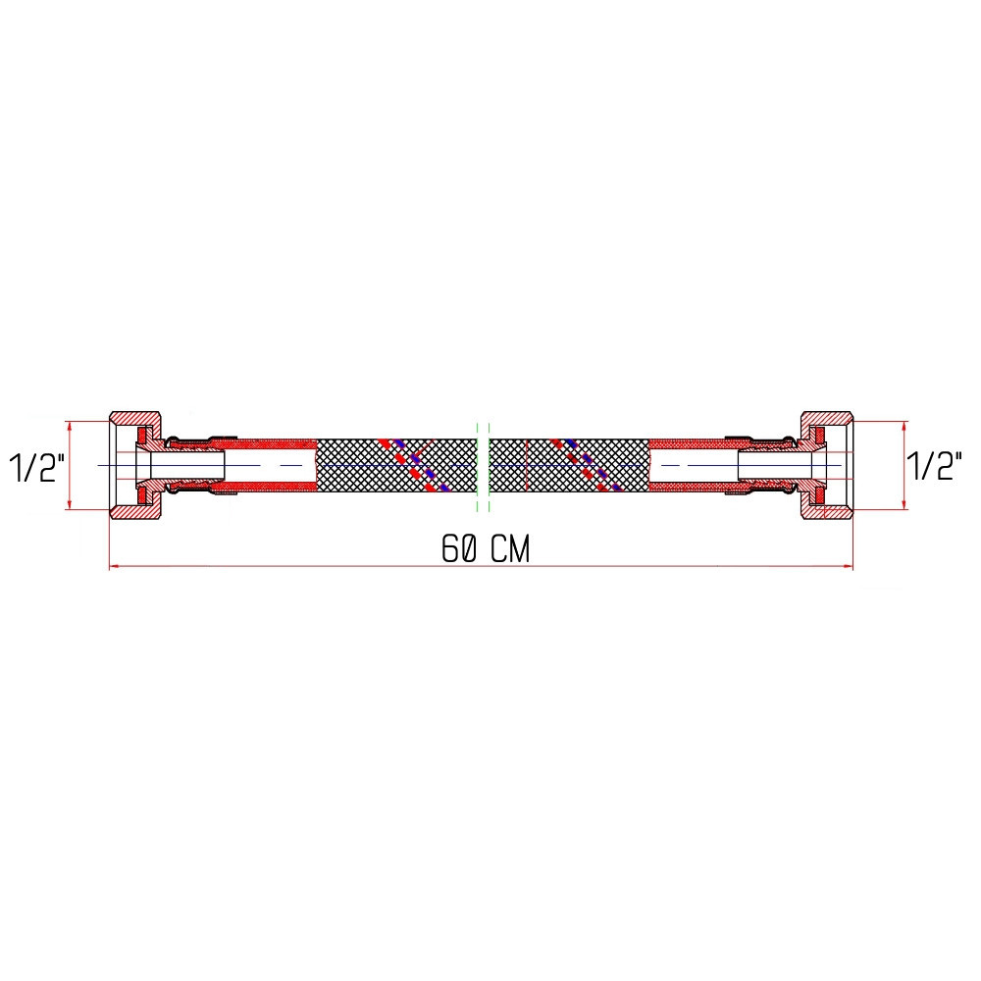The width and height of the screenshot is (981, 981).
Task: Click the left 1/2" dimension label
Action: tap(36, 467)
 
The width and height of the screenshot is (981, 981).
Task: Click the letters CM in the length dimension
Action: tap(511, 550)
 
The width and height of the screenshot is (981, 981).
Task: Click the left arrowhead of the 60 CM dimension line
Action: tap(114, 566)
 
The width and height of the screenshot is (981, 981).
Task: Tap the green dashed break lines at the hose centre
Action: tap(482, 466)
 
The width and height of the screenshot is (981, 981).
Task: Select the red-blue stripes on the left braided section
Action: tap(412, 464)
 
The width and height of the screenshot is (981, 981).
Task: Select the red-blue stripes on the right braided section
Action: tap(587, 465)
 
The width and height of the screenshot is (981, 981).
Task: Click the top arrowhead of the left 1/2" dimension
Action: tap(70, 426)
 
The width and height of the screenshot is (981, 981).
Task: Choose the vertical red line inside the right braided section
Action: tap(528, 465)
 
